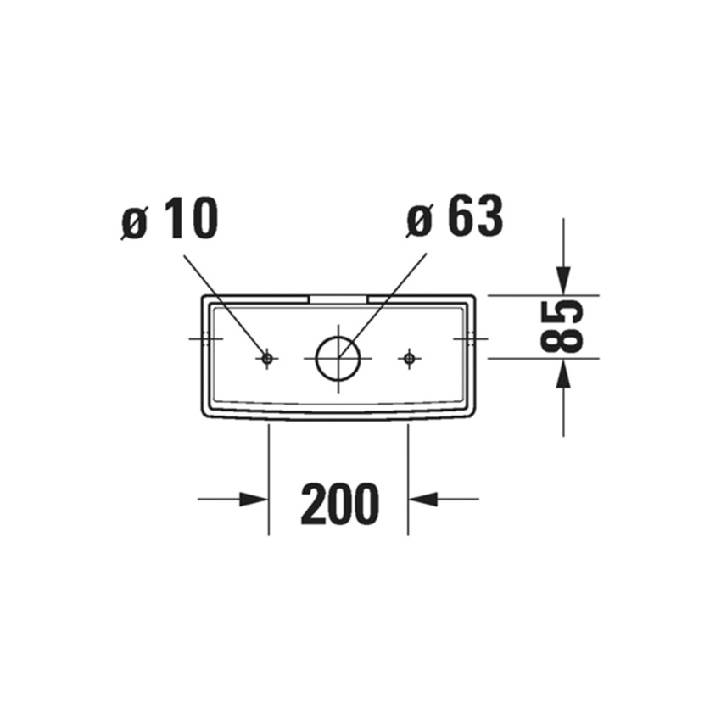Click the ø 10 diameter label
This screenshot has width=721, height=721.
pyautogui.click(x=170, y=219)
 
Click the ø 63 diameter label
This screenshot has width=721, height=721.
pyautogui.click(x=455, y=219)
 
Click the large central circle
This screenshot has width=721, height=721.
pyautogui.click(x=338, y=358)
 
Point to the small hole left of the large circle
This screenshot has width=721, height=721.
pyautogui.click(x=267, y=359)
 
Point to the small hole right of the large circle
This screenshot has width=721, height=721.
pyautogui.click(x=409, y=359)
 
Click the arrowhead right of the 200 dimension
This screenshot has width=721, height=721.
pyautogui.click(x=423, y=499)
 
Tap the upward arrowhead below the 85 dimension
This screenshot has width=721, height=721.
pyautogui.click(x=563, y=373)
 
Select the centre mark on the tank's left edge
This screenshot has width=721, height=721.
pyautogui.click(x=204, y=338)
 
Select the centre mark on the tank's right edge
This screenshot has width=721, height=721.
pyautogui.click(x=472, y=338)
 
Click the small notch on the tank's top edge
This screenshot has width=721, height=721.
pyautogui.click(x=337, y=299)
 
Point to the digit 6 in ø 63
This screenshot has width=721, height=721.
pyautogui.click(x=461, y=219)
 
